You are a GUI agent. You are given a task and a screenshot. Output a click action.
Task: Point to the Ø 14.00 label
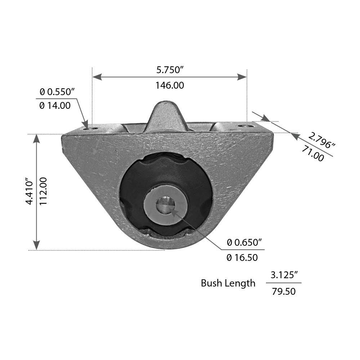tap(55, 106)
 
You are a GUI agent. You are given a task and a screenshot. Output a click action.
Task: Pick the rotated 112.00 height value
tap(44, 191)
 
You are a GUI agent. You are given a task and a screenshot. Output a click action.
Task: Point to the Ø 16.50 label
tap(242, 258)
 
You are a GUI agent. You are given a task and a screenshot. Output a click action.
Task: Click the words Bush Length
tap(228, 283)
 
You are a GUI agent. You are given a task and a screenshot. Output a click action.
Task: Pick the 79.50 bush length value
tap(284, 291)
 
